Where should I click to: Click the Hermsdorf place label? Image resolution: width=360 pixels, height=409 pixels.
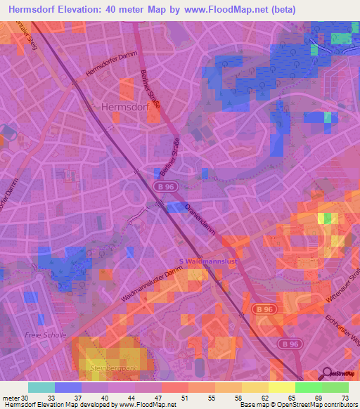[x=122, y=107]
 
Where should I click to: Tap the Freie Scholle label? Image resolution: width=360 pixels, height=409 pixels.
[x=46, y=335]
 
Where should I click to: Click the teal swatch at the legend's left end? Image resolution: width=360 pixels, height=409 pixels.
[x=41, y=387]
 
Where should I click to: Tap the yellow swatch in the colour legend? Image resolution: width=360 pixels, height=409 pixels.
[x=281, y=387]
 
